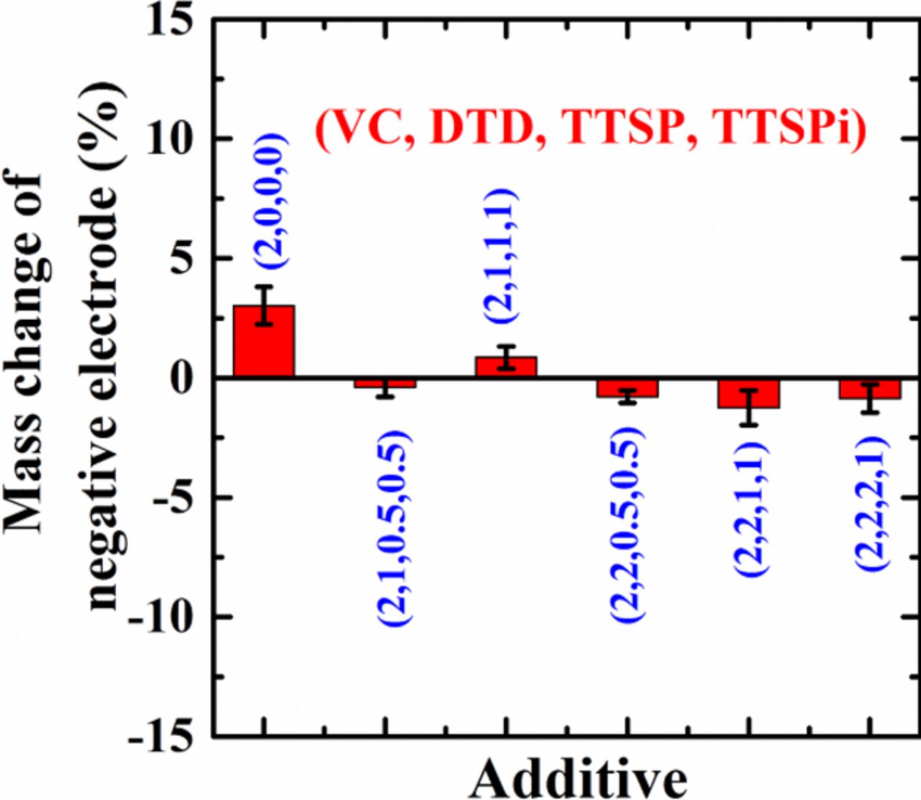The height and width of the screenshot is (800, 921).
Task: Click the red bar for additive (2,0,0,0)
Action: [x=264, y=341]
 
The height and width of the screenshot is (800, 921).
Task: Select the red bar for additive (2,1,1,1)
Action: [x=506, y=367]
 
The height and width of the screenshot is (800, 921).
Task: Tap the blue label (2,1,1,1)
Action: [x=500, y=255]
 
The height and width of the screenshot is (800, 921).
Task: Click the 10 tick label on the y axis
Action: [x=171, y=138]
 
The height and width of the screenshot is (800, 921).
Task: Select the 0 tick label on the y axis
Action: [x=182, y=378]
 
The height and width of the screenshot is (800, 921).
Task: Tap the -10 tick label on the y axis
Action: [x=162, y=617]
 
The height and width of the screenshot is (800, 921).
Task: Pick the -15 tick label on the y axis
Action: [x=162, y=735]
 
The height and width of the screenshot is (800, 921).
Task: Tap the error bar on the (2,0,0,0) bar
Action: [x=264, y=305]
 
